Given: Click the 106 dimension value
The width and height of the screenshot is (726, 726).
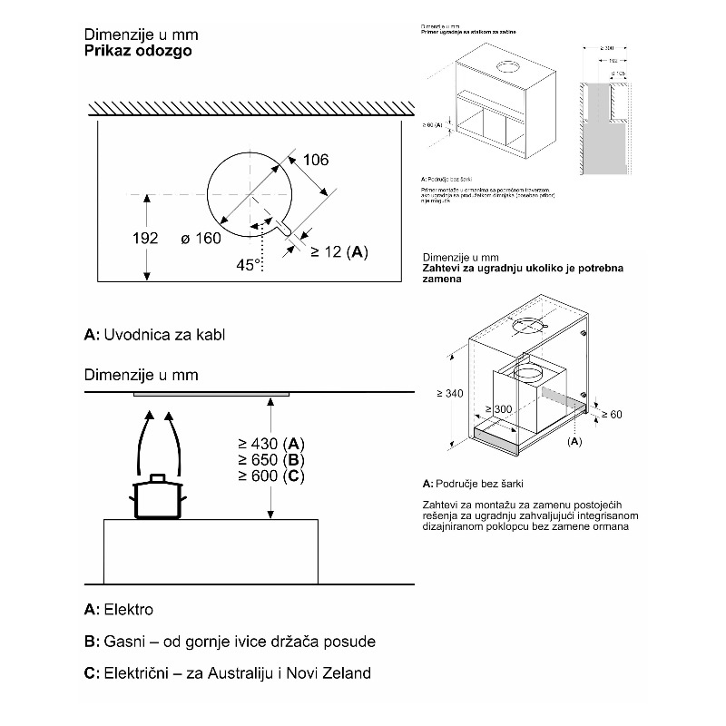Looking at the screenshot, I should click(x=314, y=161).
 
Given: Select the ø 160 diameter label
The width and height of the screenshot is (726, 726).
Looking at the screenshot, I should click(x=194, y=239).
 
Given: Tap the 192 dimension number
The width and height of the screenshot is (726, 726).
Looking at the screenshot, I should click(x=144, y=239).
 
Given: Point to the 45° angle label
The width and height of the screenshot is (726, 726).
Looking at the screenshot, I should click(x=248, y=264).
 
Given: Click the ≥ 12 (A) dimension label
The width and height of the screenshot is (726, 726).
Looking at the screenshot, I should click(x=339, y=251).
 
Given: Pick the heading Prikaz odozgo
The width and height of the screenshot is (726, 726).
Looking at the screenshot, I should click(x=137, y=52).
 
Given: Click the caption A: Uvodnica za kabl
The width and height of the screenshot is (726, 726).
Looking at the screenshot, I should click(x=153, y=335).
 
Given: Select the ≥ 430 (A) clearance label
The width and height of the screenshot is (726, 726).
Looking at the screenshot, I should click(x=271, y=444).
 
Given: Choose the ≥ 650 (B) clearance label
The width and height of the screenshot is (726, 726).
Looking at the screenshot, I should click(x=271, y=460).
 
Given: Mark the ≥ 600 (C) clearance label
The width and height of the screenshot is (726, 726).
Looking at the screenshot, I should click(x=271, y=476).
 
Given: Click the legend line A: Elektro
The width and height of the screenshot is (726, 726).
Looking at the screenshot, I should click(x=119, y=609).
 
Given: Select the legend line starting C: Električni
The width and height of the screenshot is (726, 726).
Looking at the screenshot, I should click(x=227, y=674).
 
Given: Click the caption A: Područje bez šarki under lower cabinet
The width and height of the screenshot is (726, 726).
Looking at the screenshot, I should click(x=474, y=484).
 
